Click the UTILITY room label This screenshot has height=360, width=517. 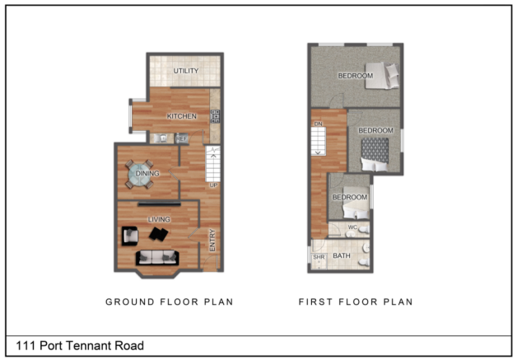tap(185, 71)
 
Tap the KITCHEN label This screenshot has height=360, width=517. tap(182, 116)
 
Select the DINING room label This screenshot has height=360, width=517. tap(147, 174)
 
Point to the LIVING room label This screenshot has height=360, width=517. tap(159, 219)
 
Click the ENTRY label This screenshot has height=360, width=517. tap(212, 240)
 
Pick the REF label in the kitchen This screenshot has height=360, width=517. tap(182, 138)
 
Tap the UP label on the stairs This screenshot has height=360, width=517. tap(213, 185)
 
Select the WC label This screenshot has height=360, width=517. tap(352, 227)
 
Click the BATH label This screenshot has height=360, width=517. tap(342, 256)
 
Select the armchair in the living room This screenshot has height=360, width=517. tap(129, 236)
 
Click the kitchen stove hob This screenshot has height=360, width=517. tap(217, 115)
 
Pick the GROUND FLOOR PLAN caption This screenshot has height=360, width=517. tap(169, 302)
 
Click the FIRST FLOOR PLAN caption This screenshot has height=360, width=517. tap(356, 302)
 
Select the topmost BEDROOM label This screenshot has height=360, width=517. tap(356, 76)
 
